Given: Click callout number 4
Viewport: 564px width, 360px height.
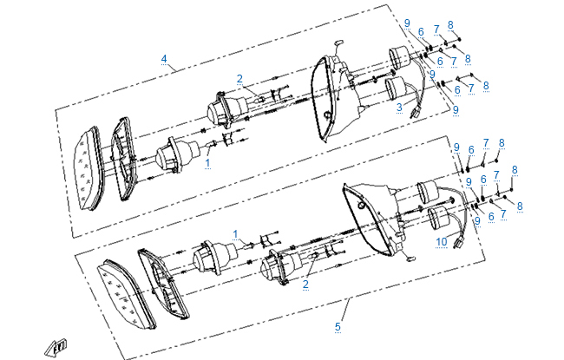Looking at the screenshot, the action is (x=164, y=59).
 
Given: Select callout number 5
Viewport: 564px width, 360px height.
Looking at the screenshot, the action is (x=338, y=327).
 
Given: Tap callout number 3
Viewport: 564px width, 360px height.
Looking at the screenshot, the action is (x=399, y=108).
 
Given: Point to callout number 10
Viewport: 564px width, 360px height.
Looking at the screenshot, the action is (x=442, y=242).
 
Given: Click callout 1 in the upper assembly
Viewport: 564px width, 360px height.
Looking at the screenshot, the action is (x=207, y=163).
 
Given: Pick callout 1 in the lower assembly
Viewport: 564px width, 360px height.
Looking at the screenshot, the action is (x=235, y=234).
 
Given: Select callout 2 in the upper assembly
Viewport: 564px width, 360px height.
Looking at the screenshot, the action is (x=239, y=79).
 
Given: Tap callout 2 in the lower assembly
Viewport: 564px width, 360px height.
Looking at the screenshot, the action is (x=305, y=285).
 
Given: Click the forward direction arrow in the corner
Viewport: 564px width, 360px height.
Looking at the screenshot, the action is (x=56, y=348).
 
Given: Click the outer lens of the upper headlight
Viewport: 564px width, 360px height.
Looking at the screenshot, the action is (x=89, y=168).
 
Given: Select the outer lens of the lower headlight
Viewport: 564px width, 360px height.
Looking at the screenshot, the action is (x=127, y=294).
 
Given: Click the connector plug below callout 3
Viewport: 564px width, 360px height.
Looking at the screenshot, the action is (x=415, y=112).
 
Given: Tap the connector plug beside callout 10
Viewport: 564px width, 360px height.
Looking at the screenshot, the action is (x=460, y=242).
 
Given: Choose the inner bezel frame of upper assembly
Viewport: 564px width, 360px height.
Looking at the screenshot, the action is (x=123, y=158).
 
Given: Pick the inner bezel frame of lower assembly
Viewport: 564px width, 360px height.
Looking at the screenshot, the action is (x=164, y=283).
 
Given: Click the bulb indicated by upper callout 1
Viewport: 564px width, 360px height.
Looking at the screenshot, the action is (x=211, y=144).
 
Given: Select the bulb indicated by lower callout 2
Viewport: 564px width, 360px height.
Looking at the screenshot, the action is (x=313, y=256).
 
